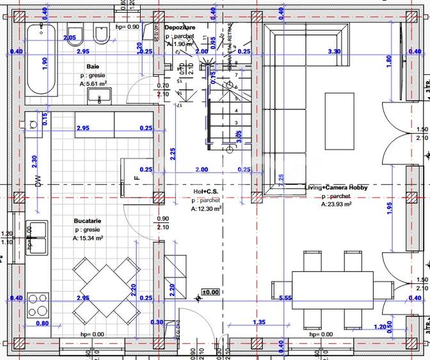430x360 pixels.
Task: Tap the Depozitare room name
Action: tap(180, 28)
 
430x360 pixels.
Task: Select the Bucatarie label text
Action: tap(88, 221)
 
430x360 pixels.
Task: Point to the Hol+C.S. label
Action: tap(207, 191)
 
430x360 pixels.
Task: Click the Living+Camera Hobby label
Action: tap(336, 187)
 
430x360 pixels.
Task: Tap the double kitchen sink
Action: tap(36, 237)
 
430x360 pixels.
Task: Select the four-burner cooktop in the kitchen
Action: tap(38, 305)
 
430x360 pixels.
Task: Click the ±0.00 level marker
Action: tap(210, 292)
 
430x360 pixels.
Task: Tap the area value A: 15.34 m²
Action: tap(88, 238)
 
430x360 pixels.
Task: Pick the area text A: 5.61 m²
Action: tap(93, 84)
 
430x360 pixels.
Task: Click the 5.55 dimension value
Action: tap(285, 298)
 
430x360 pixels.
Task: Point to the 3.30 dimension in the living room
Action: tap(333, 51)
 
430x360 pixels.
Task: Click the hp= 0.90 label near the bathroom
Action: tap(128, 27)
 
